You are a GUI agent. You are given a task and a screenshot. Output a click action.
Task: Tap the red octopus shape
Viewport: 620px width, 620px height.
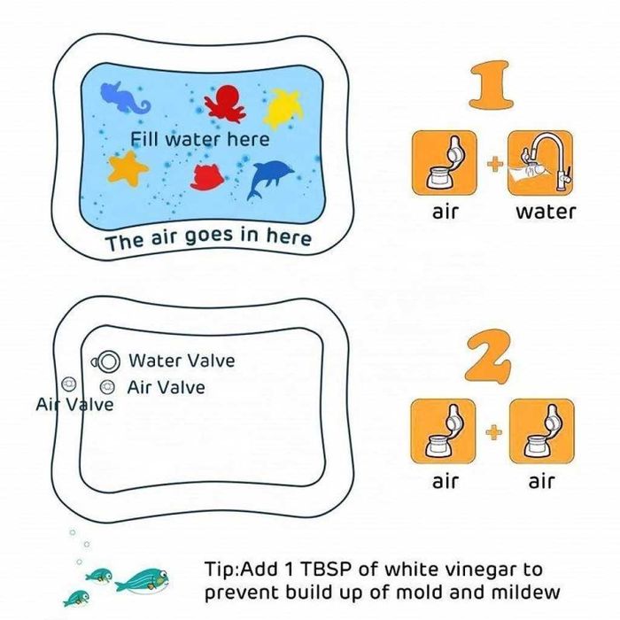(x=225, y=102)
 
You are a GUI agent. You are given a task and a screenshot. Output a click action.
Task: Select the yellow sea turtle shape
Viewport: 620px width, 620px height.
(x=284, y=107)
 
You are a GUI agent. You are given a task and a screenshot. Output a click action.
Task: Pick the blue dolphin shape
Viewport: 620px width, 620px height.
(x=269, y=178)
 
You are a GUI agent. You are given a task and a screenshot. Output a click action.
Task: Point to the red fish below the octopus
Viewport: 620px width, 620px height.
(x=207, y=177)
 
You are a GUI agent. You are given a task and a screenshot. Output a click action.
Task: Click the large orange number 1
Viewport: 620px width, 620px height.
(x=491, y=85)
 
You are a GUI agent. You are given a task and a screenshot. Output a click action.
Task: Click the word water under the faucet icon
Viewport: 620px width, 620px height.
(x=546, y=212)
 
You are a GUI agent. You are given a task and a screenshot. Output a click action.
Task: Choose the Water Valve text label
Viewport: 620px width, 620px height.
(x=182, y=360)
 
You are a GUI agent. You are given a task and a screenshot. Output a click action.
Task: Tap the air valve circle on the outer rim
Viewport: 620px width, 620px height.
(x=69, y=384)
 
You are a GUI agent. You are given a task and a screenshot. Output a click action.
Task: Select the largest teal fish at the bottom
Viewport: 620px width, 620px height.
(x=143, y=581)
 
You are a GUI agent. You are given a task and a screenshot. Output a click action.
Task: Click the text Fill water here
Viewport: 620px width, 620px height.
(x=200, y=139)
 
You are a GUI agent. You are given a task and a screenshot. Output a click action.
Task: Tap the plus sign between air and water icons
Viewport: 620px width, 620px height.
(x=493, y=163)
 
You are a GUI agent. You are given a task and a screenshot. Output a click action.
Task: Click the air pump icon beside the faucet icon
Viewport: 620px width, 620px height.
(x=444, y=163)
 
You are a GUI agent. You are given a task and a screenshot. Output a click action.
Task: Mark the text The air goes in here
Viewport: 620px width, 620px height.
(x=208, y=238)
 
